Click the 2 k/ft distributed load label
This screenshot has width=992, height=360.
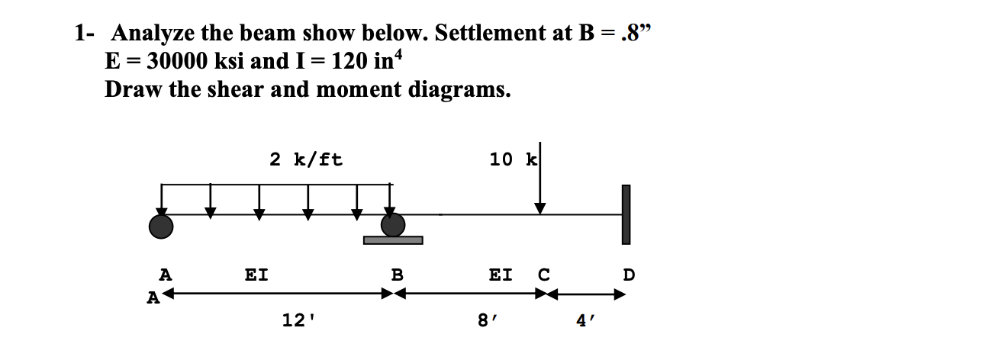(x=306, y=159)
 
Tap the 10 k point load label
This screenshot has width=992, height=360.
(x=512, y=159)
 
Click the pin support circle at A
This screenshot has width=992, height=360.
(x=161, y=225)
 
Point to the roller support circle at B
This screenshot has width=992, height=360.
(x=393, y=224)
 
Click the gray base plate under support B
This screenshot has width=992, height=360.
(x=393, y=240)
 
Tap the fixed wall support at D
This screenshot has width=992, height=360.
(x=626, y=214)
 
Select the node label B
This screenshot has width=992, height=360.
(x=397, y=273)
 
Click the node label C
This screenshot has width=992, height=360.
(x=543, y=273)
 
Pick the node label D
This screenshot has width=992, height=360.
(x=629, y=273)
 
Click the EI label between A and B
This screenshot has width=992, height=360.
(x=256, y=273)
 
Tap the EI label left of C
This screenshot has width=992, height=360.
(x=501, y=273)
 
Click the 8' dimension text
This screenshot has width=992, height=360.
(x=486, y=321)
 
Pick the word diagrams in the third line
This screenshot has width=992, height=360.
(x=462, y=89)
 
